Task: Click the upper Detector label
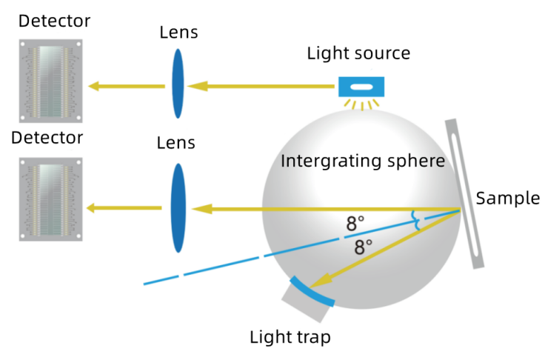[x=54, y=21]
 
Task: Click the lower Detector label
[x=47, y=138]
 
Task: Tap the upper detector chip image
[x=51, y=81]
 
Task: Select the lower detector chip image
[x=51, y=199]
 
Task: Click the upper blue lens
[x=178, y=84]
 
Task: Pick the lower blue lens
[x=178, y=208]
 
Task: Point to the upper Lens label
[x=178, y=33]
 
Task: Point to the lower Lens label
[x=176, y=143]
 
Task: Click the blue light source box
[x=361, y=87]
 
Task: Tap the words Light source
[x=358, y=53]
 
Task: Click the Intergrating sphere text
[x=363, y=161]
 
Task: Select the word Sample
[x=508, y=199]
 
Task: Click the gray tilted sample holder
[x=465, y=194]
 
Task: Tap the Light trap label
[x=290, y=337]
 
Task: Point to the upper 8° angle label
[x=355, y=224]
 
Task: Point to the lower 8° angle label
[x=364, y=247]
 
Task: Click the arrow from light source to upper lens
[x=261, y=86]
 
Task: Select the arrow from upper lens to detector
[x=127, y=86]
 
